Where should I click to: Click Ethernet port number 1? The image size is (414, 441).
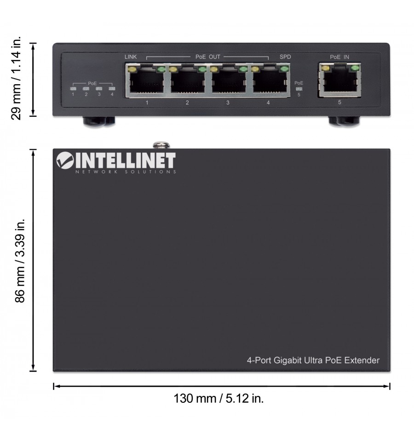(x=147, y=80)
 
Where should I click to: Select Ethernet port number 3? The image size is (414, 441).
(x=228, y=80)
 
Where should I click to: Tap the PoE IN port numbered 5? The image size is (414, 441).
(x=340, y=80)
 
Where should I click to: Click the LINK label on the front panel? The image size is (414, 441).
(x=131, y=57)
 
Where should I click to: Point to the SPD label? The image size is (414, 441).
(x=285, y=57)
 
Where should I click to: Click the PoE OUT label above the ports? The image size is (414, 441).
(x=208, y=57)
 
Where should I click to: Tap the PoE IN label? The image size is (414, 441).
(x=339, y=57)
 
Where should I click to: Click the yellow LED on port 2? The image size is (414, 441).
(x=172, y=69)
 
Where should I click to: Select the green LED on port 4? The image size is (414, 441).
(x=284, y=69)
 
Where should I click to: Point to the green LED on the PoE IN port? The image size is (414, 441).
(x=355, y=68)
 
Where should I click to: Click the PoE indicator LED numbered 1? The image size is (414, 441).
(x=73, y=89)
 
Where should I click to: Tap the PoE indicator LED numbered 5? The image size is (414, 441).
(x=299, y=89)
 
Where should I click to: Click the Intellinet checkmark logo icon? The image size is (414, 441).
(x=65, y=160)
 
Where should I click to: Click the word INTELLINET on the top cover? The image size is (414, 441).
(x=126, y=160)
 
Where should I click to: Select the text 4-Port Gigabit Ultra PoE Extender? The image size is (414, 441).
(x=313, y=360)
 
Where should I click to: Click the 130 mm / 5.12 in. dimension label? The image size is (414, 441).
(x=218, y=398)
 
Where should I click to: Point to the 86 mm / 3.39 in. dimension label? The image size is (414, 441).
(x=20, y=260)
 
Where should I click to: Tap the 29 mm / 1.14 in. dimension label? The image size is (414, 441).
(x=16, y=78)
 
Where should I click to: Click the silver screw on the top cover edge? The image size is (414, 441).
(x=161, y=145)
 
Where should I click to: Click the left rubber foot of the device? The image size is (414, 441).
(x=98, y=121)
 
